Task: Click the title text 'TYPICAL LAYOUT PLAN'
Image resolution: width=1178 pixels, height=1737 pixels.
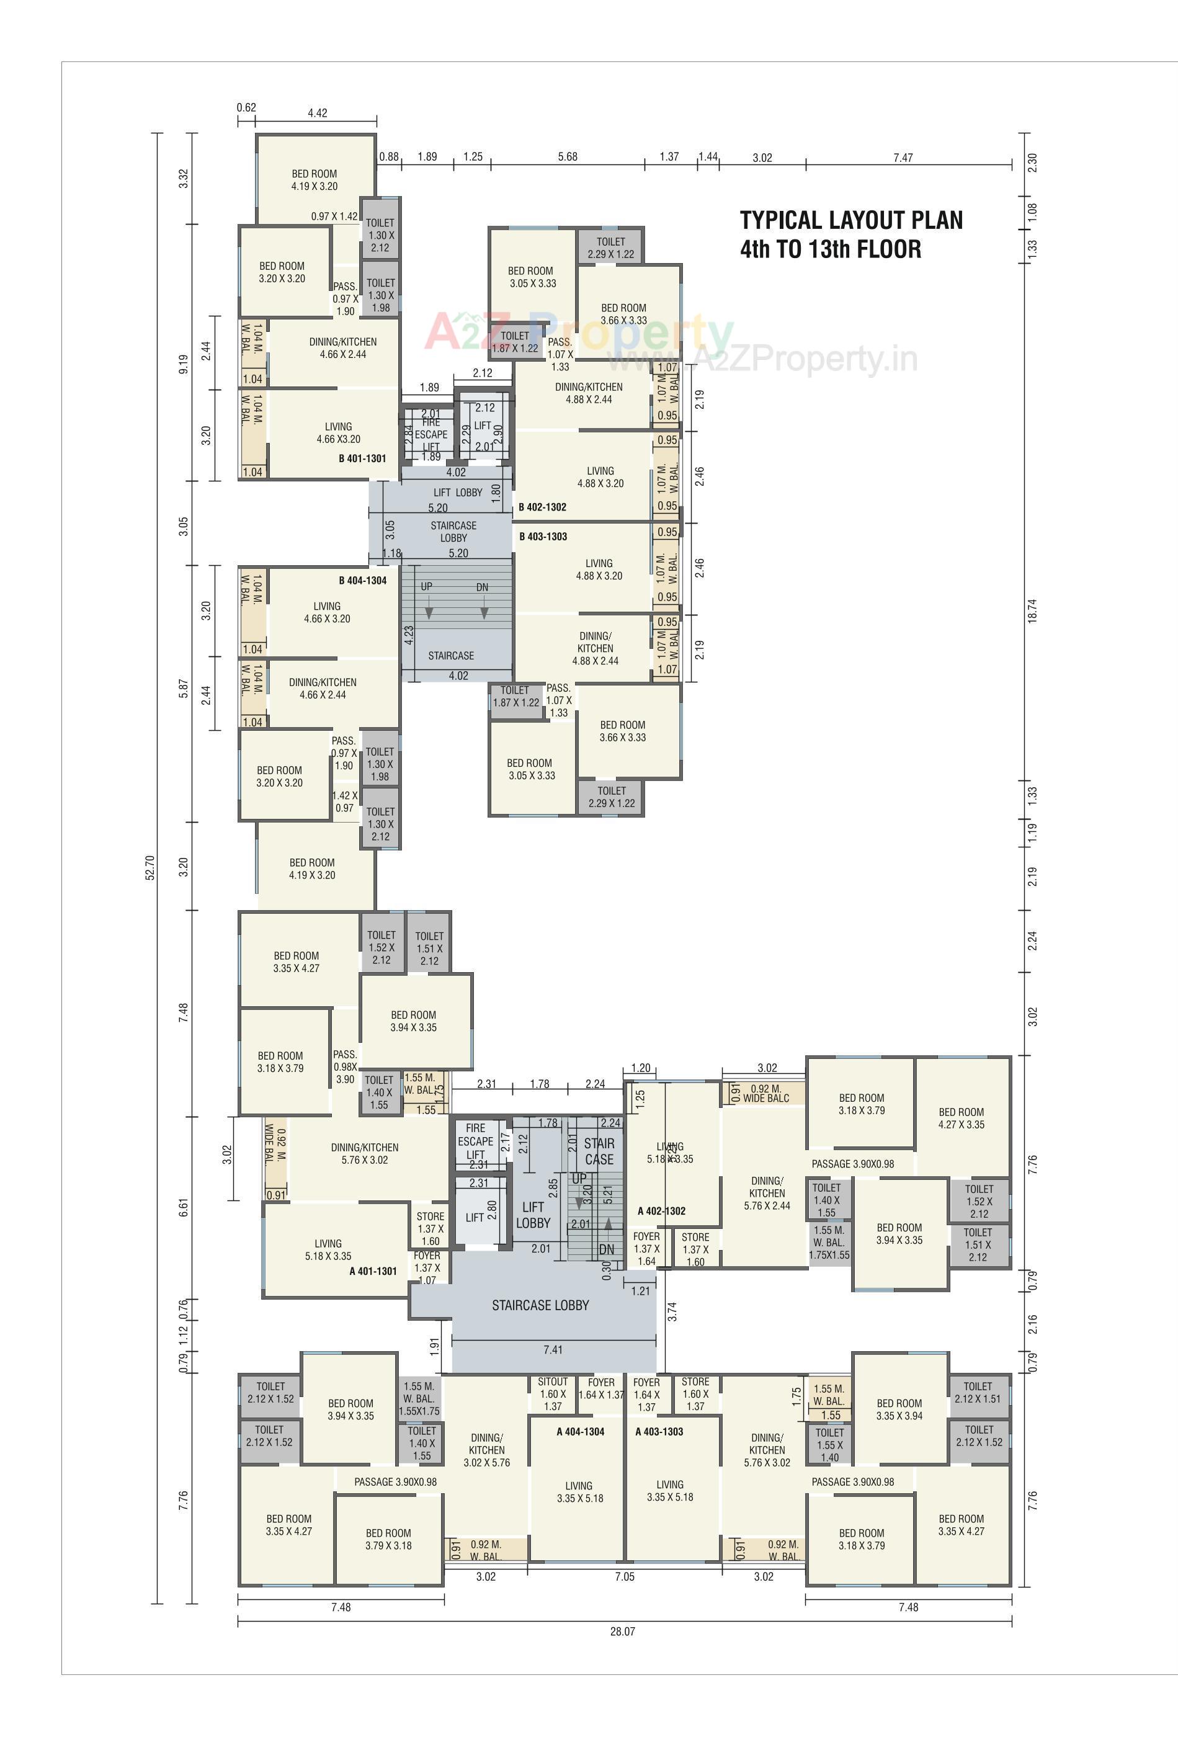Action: tap(850, 220)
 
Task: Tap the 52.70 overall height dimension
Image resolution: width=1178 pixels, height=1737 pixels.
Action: tap(149, 868)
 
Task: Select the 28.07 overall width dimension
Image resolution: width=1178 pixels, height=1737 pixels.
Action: tap(622, 1631)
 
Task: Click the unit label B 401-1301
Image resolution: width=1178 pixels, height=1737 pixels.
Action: tap(362, 458)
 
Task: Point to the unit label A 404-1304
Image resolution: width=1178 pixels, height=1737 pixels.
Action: tap(580, 1431)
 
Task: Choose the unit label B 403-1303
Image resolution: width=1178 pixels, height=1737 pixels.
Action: tap(543, 537)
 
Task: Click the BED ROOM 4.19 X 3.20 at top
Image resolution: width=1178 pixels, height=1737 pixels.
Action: tap(314, 180)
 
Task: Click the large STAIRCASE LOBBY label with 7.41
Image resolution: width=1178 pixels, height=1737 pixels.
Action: tap(540, 1305)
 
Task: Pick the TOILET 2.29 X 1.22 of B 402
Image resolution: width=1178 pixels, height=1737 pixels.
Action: tap(610, 248)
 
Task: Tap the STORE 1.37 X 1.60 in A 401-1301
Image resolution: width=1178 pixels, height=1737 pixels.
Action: tap(431, 1229)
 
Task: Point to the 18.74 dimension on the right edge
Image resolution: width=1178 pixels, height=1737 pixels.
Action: tap(1032, 610)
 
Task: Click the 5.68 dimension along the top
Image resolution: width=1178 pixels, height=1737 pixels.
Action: tap(568, 157)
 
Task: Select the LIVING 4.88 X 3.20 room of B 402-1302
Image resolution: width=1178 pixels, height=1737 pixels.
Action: tap(600, 477)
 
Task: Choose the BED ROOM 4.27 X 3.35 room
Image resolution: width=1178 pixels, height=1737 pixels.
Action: tap(962, 1118)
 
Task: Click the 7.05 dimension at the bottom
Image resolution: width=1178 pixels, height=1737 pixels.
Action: tap(624, 1576)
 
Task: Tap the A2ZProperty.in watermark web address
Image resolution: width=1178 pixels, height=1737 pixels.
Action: tap(762, 360)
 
